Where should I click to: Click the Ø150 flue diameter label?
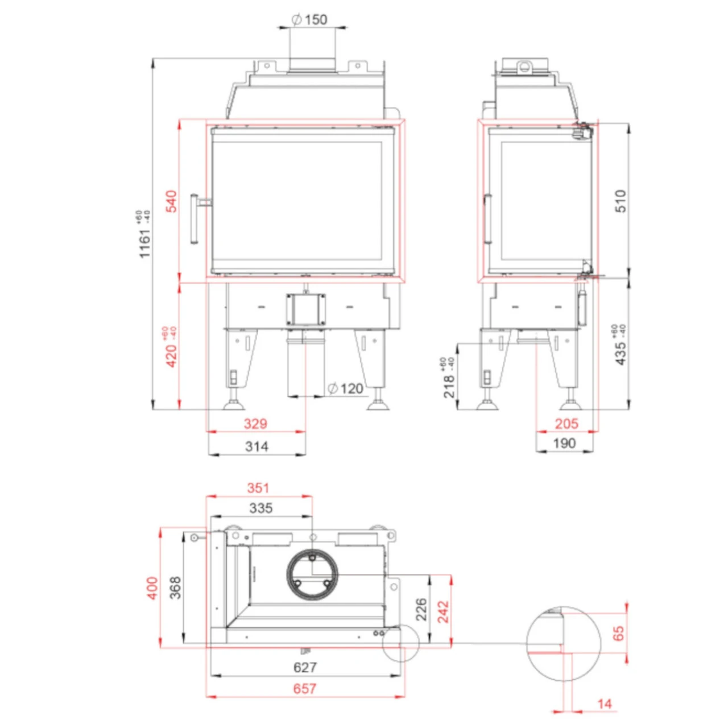[x=310, y=20]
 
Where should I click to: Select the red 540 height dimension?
[x=171, y=202]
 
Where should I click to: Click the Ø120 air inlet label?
[x=346, y=388]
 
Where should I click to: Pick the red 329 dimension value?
[x=255, y=424]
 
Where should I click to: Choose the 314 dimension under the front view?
[x=257, y=446]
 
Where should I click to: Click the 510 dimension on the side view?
[x=621, y=201]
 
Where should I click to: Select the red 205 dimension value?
[x=566, y=424]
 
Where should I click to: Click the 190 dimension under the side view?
[x=565, y=444]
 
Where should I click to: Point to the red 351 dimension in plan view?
[x=258, y=488]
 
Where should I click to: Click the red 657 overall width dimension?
[x=305, y=689]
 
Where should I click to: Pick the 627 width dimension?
[x=305, y=667]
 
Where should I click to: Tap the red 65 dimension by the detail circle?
[x=618, y=633]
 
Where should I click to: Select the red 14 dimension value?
[x=605, y=704]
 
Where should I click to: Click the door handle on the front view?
[x=195, y=219]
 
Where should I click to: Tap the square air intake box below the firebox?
[x=306, y=309]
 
